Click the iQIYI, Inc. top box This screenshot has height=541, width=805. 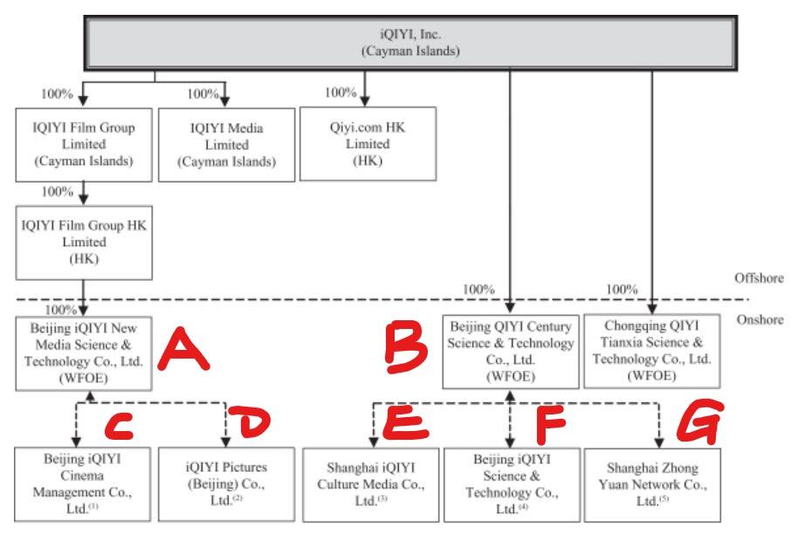[x=410, y=43]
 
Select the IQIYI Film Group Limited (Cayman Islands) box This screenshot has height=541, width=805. [x=84, y=145]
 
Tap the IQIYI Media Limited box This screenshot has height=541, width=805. [x=226, y=145]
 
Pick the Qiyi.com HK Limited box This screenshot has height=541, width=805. [x=368, y=144]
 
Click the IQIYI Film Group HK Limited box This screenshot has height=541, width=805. [x=84, y=243]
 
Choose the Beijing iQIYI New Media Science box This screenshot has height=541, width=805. [x=84, y=353]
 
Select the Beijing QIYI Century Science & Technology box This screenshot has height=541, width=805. [x=511, y=352]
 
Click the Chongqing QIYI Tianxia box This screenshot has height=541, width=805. [x=652, y=351]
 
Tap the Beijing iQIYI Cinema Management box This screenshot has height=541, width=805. [x=82, y=484]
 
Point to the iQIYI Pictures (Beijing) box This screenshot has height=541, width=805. [x=226, y=484]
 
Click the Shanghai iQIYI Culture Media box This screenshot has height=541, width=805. [x=371, y=485]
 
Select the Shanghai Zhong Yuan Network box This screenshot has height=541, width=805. [x=652, y=485]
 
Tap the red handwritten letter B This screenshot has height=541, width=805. [x=407, y=348]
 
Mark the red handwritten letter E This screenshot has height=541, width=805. [x=406, y=423]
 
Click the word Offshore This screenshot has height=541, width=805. [x=759, y=278]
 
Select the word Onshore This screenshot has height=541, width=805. [x=760, y=319]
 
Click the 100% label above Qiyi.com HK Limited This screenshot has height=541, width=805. [x=341, y=92]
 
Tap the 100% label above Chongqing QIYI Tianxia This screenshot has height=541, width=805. [x=622, y=290]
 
